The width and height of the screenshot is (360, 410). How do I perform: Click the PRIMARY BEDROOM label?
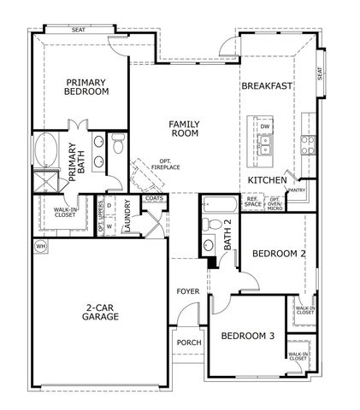tap(87, 87)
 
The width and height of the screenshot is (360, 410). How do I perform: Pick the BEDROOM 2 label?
tap(279, 254)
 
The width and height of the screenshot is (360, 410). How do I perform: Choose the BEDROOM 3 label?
tap(247, 337)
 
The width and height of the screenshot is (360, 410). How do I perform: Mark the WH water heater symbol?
tap(40, 246)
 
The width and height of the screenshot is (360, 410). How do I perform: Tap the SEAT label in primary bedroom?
tap(79, 30)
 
